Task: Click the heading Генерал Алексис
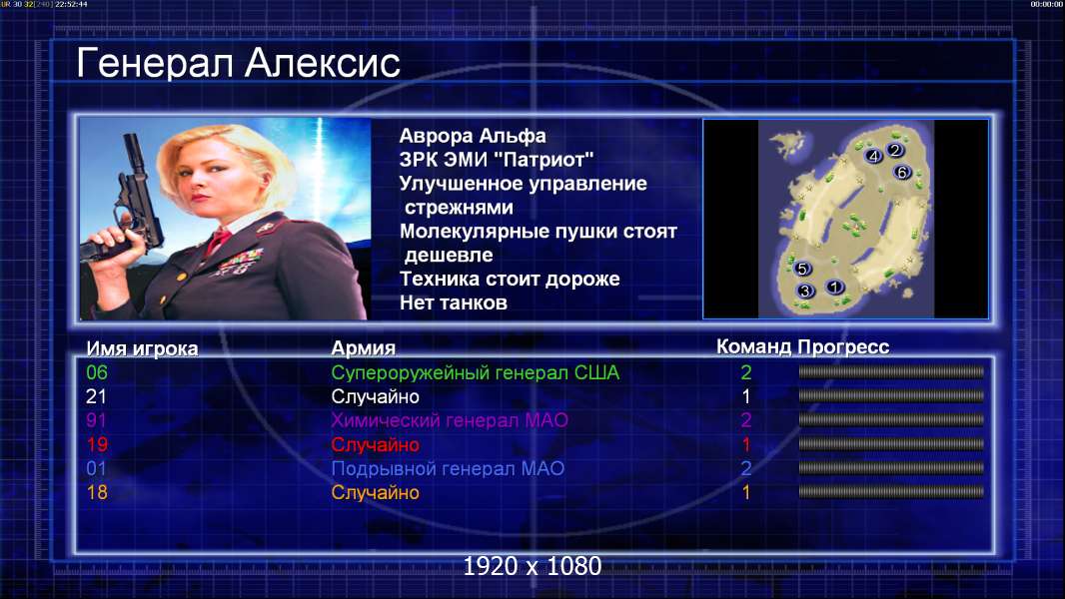click(238, 63)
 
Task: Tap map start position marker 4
click(874, 156)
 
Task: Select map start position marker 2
click(895, 150)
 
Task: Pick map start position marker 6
click(902, 173)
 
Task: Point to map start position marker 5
click(802, 269)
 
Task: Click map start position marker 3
click(805, 292)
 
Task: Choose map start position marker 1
click(835, 287)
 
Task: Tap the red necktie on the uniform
click(218, 241)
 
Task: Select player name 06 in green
click(97, 372)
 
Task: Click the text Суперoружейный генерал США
click(476, 372)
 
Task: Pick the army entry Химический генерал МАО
click(450, 420)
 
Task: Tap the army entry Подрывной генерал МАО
click(448, 469)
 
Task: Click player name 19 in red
click(97, 445)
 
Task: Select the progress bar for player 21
click(891, 396)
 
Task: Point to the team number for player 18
click(746, 492)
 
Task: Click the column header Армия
click(364, 348)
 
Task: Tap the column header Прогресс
click(843, 347)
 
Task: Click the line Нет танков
click(454, 302)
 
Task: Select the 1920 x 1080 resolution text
click(532, 566)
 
